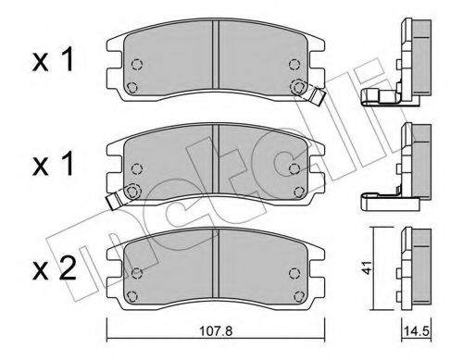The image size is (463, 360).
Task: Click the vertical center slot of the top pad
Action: (x=216, y=61)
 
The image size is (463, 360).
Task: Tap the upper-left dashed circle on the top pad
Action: (x=136, y=65)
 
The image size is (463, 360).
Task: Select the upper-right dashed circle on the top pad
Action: (x=295, y=64)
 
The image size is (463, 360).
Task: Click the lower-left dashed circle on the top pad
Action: (x=132, y=87)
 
